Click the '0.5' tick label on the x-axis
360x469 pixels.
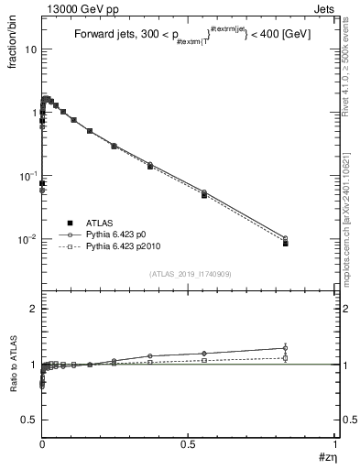pyautogui.click(x=188, y=444)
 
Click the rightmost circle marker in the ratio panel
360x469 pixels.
pyautogui.click(x=286, y=348)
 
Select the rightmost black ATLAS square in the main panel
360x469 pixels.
pyautogui.click(x=286, y=244)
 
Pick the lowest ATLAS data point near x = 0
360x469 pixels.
pyautogui.click(x=42, y=184)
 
